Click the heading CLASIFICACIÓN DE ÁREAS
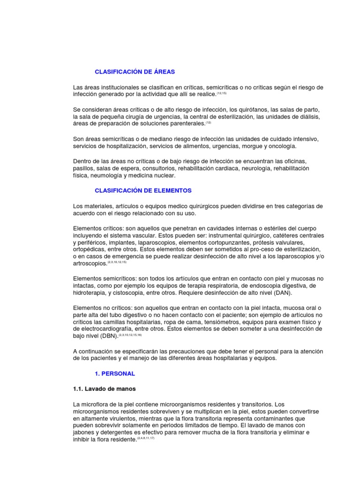(135, 72)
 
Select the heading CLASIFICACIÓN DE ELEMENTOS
(143, 191)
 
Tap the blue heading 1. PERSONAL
(115, 374)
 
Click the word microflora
(97, 404)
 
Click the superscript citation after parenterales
(209, 123)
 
